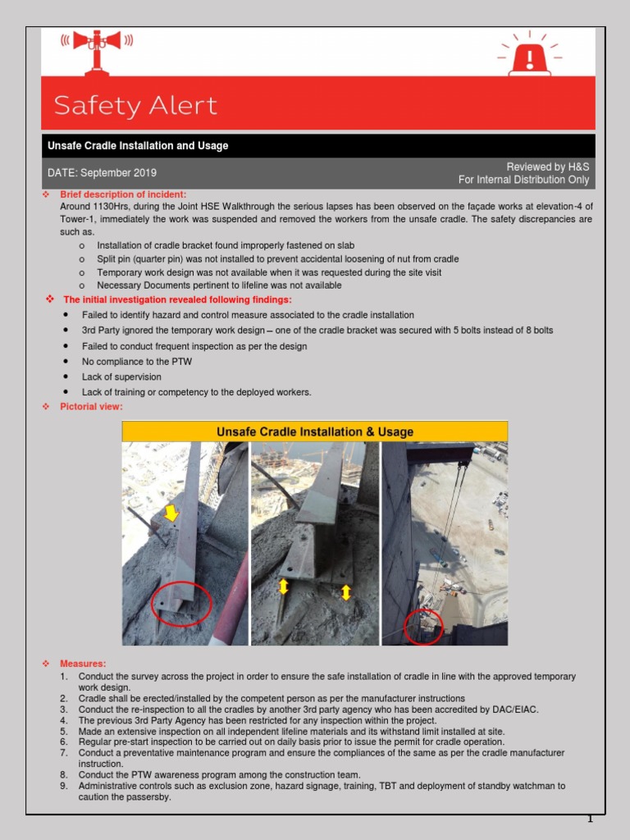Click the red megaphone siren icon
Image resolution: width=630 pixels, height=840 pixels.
click(97, 46)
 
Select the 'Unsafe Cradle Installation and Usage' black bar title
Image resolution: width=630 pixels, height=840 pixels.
click(138, 146)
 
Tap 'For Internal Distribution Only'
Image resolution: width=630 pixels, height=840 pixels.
click(523, 180)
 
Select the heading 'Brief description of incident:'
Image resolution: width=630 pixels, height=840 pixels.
click(123, 194)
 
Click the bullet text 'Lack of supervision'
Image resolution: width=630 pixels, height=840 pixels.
click(121, 377)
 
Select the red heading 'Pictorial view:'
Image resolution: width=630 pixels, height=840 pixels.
click(92, 407)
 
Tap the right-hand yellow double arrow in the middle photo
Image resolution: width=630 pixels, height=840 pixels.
click(345, 591)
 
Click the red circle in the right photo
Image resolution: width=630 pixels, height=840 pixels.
click(424, 628)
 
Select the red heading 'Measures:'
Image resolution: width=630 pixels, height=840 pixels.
click(83, 663)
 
